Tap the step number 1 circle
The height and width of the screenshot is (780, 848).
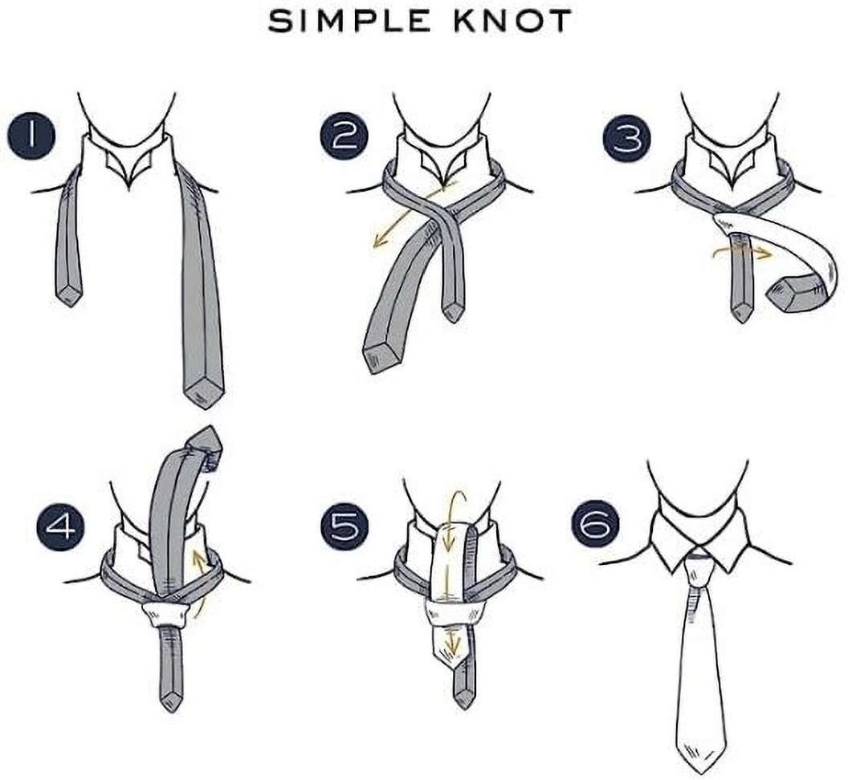pos(31,135)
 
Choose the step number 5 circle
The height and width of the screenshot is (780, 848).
pos(344,528)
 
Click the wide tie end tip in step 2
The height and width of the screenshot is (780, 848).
pos(377,357)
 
